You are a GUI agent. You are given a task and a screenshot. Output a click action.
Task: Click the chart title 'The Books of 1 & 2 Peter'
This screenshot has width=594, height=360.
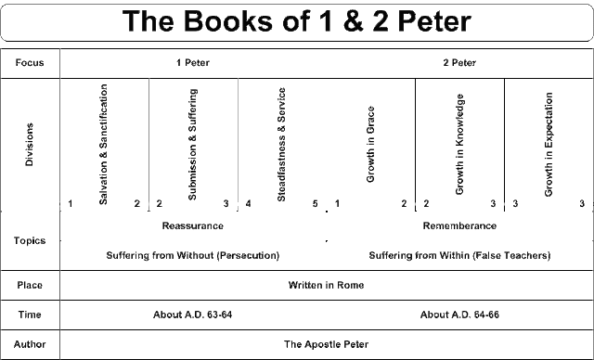pyautogui.click(x=297, y=20)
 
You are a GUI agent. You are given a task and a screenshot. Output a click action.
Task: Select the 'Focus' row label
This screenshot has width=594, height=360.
pyautogui.click(x=30, y=63)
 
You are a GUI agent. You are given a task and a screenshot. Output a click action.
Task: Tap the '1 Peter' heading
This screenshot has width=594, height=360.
pyautogui.click(x=193, y=63)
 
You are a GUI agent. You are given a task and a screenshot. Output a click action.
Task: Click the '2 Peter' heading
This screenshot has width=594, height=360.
pyautogui.click(x=459, y=63)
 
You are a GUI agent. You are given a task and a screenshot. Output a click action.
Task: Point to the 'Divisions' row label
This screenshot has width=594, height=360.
pyautogui.click(x=29, y=145)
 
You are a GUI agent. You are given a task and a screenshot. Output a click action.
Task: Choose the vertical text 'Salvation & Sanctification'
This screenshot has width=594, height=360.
pyautogui.click(x=103, y=144)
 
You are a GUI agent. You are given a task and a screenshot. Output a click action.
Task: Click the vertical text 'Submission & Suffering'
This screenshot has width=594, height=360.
pyautogui.click(x=192, y=144)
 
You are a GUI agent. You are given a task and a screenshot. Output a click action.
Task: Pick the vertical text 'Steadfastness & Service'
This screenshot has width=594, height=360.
pyautogui.click(x=281, y=144)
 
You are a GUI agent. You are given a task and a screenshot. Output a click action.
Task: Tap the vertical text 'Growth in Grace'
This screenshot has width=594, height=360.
pyautogui.click(x=370, y=144)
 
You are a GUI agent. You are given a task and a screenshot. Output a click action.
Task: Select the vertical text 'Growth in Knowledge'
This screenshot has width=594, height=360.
pyautogui.click(x=459, y=144)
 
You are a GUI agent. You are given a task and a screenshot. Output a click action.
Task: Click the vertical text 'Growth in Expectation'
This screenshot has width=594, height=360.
pyautogui.click(x=549, y=144)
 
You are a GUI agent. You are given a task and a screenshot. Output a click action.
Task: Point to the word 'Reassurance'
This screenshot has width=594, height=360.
pyautogui.click(x=193, y=226)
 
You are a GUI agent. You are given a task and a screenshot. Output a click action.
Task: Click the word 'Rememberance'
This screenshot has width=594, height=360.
pyautogui.click(x=459, y=226)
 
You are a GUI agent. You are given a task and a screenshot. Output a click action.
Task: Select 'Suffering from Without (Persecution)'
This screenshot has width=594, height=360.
pyautogui.click(x=193, y=255)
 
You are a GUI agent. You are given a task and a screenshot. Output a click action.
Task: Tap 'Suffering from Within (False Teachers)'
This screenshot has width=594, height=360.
pyautogui.click(x=459, y=255)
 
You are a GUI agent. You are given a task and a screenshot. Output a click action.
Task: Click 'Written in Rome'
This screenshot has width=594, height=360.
pyautogui.click(x=326, y=285)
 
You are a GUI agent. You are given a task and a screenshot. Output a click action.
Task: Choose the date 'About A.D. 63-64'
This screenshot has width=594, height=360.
pyautogui.click(x=192, y=315)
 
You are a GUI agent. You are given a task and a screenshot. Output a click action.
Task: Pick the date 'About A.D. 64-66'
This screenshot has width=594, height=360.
pyautogui.click(x=459, y=315)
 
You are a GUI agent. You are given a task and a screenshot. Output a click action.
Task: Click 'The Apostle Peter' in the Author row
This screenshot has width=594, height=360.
pyautogui.click(x=326, y=344)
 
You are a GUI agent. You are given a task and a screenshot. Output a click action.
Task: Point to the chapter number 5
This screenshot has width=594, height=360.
pyautogui.click(x=316, y=203)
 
